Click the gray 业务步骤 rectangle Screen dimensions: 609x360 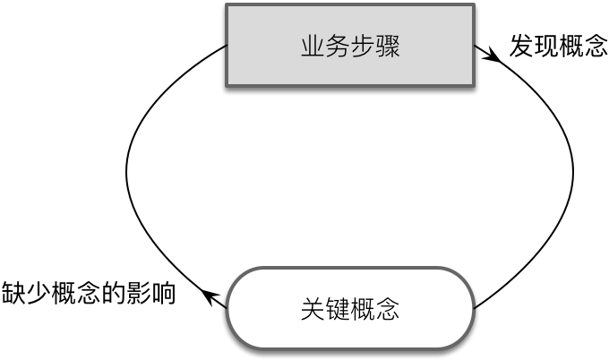pyautogui.click(x=350, y=45)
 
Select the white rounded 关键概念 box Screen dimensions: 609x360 pyautogui.click(x=350, y=308)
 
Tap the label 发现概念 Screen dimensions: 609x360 pyautogui.click(x=559, y=46)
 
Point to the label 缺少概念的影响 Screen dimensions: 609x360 pyautogui.click(x=89, y=293)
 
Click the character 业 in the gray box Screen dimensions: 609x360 pyautogui.click(x=313, y=47)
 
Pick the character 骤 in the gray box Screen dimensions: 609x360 pyautogui.click(x=388, y=47)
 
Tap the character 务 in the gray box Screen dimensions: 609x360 pyautogui.click(x=338, y=47)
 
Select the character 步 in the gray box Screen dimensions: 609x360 pyautogui.click(x=363, y=47)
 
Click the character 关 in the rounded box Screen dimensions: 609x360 pyautogui.click(x=313, y=309)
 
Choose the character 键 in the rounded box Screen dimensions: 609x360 pyautogui.click(x=338, y=309)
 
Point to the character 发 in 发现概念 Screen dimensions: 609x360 pyautogui.click(x=521, y=46)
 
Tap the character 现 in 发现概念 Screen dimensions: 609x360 pyautogui.click(x=546, y=46)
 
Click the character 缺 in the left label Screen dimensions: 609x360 pyautogui.click(x=14, y=293)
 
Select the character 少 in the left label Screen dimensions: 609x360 pyautogui.click(x=39, y=293)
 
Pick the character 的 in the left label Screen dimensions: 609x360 pyautogui.click(x=114, y=293)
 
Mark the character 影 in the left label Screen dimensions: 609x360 pyautogui.click(x=138, y=293)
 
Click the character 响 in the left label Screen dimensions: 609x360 pyautogui.click(x=163, y=293)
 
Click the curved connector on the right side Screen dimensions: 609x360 pyautogui.click(x=573, y=171)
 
